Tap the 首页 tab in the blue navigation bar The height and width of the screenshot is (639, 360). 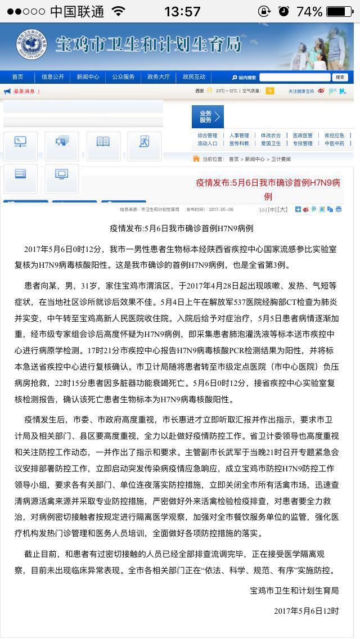click(x=18, y=77)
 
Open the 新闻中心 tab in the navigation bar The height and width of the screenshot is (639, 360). click(x=88, y=77)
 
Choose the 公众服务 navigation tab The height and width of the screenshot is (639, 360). click(x=123, y=77)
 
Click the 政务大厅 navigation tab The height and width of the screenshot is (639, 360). click(x=159, y=77)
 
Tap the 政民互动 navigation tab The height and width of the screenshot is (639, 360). click(x=194, y=77)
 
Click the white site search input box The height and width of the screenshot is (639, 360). click(x=295, y=77)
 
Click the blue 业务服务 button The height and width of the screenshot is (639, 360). click(x=208, y=116)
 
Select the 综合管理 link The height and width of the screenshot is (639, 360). click(x=207, y=136)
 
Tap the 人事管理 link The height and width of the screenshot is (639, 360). click(x=239, y=136)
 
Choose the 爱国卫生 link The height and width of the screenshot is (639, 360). click(x=271, y=143)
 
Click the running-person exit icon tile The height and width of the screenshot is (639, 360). click(x=144, y=142)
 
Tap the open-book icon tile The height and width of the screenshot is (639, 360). click(x=103, y=142)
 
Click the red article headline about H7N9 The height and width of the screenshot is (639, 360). click(x=268, y=189)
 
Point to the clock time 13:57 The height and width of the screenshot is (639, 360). click(x=182, y=11)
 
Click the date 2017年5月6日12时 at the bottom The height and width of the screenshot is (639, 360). click(x=307, y=610)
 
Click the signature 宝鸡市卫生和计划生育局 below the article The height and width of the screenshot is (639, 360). click(x=294, y=590)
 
